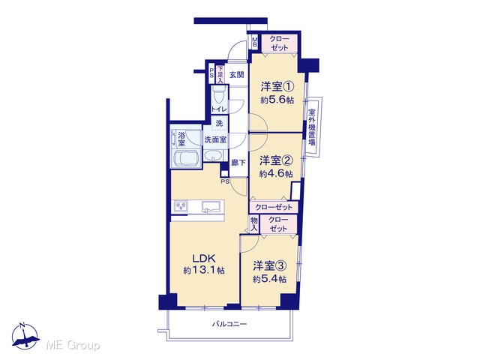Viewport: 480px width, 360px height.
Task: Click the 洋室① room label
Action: pos(277,87)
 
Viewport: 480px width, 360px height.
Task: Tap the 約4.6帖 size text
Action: pos(276,174)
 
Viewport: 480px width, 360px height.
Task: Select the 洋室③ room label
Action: pos(270,265)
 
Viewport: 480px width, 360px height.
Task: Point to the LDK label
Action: pos(204,258)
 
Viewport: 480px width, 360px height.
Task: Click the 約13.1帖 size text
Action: pos(204,270)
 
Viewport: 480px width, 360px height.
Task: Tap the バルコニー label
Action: pos(229,324)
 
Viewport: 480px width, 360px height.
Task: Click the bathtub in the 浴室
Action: pos(184,158)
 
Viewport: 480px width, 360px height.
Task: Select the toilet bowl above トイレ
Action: pos(218,94)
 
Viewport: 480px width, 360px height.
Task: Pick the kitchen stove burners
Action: pos(181,206)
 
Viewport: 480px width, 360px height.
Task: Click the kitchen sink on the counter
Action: pos(211,206)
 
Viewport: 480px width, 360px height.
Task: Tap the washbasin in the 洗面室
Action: pos(213,156)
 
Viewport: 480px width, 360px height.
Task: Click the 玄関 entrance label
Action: pos(237,75)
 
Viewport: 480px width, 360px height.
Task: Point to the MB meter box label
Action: pos(254,42)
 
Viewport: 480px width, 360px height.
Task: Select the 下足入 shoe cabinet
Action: pos(220,74)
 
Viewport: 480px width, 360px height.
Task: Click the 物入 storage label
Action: pos(254,224)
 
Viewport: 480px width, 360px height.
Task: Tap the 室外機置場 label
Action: pos(312,127)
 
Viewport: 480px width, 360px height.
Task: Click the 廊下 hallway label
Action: pos(238,163)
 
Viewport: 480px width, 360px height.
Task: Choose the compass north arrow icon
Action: pos(25,336)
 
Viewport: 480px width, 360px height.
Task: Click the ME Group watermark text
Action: pos(73,346)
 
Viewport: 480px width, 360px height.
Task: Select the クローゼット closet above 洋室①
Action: pos(279,43)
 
